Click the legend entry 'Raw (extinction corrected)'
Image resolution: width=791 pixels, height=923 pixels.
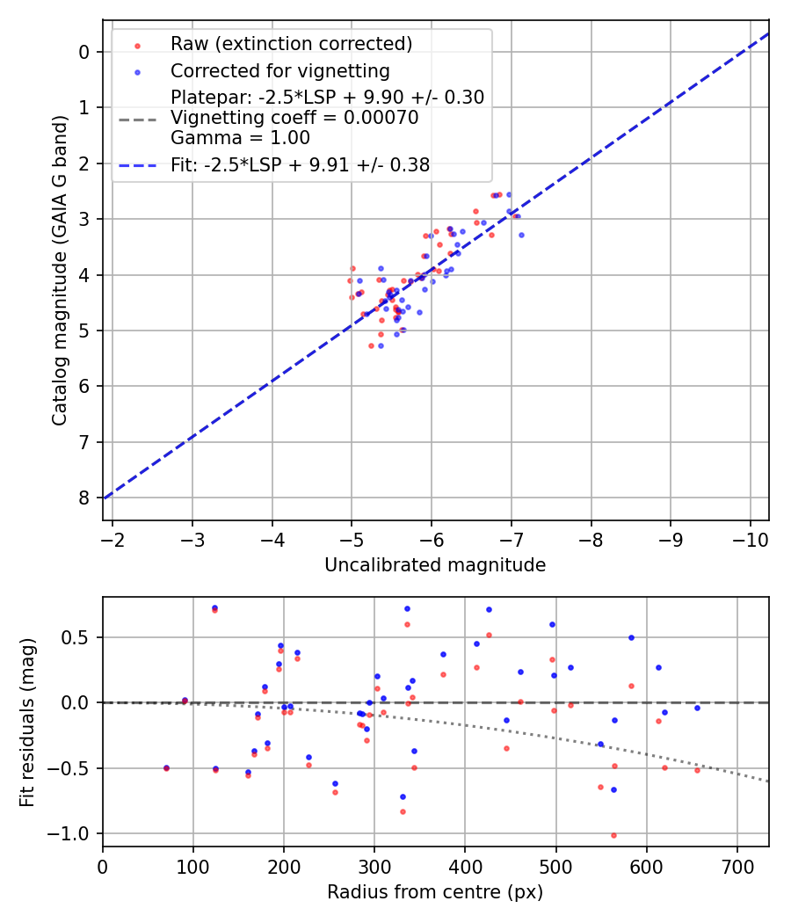coord(291,44)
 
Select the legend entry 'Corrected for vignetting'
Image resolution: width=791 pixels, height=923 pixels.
coord(279,70)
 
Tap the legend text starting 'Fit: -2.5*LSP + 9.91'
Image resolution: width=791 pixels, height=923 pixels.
coord(300,164)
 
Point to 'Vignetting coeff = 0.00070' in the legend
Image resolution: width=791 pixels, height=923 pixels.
coord(294,118)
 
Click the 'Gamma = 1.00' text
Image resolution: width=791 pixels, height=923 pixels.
coord(227,137)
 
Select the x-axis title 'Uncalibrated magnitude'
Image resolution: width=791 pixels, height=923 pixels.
coord(435,565)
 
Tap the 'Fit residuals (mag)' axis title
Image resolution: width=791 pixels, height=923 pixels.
coord(26,721)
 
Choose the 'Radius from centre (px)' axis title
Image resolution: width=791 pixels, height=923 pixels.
coord(435,892)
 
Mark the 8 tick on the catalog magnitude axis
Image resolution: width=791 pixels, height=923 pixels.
coord(84,498)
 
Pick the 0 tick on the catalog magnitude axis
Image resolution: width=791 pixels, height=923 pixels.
coord(84,52)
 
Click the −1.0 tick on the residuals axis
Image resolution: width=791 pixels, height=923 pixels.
coord(75,833)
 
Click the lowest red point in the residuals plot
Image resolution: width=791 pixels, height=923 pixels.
coord(613,835)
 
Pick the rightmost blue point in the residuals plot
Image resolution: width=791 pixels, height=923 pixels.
coord(697,708)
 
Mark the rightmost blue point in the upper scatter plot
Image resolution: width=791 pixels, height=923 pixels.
coord(521,235)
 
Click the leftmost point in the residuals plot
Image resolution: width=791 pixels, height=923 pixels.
coord(166,767)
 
